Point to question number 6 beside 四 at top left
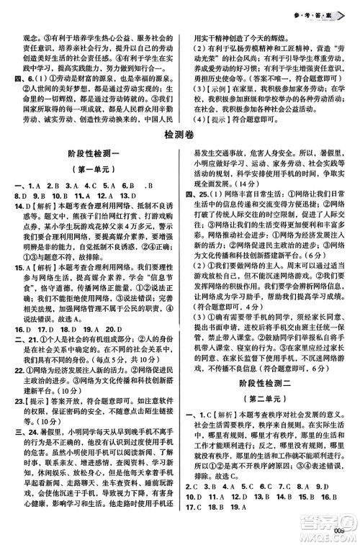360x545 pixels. pyautogui.click(x=27, y=76)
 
